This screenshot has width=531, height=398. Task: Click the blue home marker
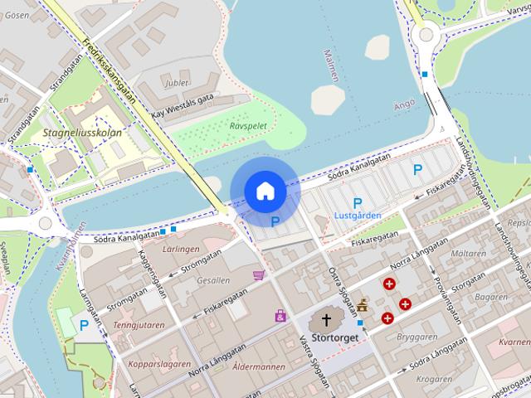click(x=265, y=191)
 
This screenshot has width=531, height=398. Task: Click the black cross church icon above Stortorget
click(x=326, y=320)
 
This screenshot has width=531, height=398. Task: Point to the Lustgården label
click(x=358, y=216)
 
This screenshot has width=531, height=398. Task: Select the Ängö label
click(x=403, y=105)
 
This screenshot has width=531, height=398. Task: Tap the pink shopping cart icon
click(x=259, y=275)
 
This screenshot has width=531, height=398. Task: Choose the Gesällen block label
click(x=214, y=280)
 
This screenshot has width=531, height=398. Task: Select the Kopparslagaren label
click(x=159, y=364)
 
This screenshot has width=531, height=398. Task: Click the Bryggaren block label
click(x=417, y=337)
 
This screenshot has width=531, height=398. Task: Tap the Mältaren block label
click(x=470, y=254)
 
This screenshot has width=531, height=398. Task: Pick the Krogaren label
click(x=434, y=378)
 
